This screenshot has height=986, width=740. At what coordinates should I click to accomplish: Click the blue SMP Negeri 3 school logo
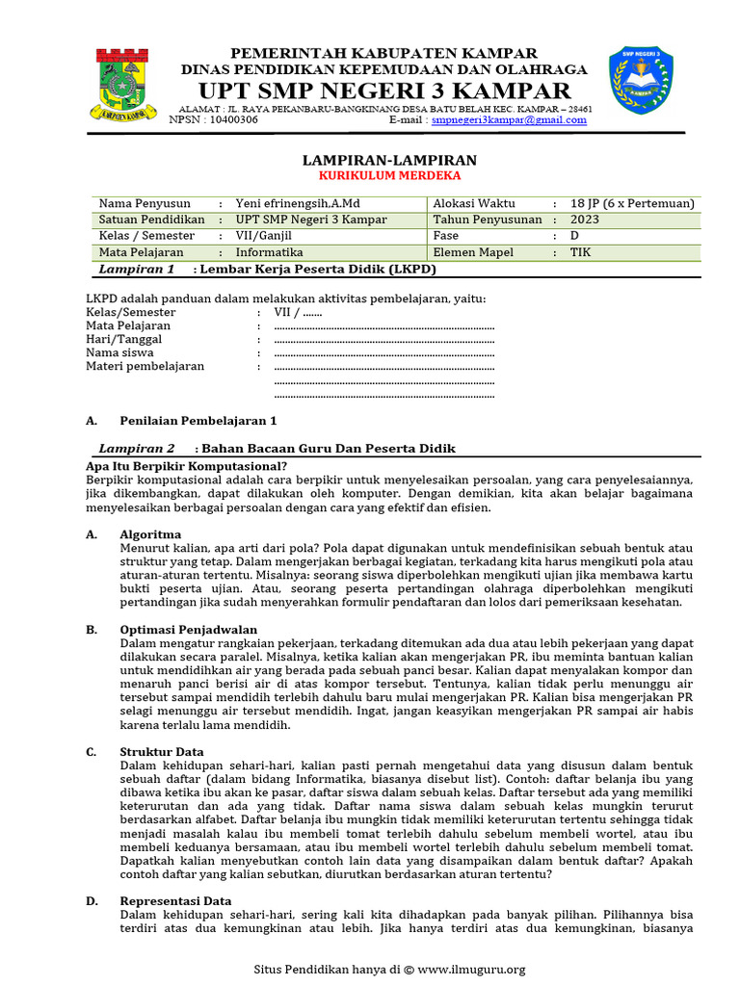click(640, 82)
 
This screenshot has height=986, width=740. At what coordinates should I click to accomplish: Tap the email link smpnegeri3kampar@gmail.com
click(509, 120)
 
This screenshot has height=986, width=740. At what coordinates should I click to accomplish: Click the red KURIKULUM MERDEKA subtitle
click(390, 176)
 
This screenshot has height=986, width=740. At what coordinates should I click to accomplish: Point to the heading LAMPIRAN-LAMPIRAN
click(390, 160)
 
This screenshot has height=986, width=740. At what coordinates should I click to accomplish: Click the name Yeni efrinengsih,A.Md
click(300, 204)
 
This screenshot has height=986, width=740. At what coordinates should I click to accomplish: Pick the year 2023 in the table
click(584, 220)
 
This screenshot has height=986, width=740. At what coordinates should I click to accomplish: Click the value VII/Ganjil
click(263, 236)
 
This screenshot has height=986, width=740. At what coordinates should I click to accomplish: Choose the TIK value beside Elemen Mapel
click(581, 252)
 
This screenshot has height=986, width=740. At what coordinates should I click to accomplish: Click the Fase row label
click(446, 236)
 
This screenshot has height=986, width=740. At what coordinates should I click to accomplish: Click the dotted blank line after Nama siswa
click(383, 353)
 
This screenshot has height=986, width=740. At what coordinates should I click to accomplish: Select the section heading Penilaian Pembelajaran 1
click(198, 421)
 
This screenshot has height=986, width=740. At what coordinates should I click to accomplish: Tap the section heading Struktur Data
click(161, 751)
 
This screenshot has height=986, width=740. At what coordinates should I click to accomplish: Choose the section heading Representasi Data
click(175, 900)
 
